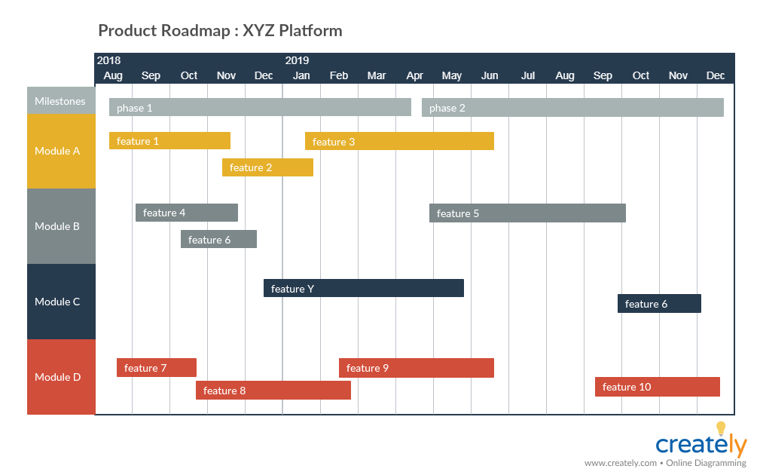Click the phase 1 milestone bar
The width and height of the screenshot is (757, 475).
[260, 108]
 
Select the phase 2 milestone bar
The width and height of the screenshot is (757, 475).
[572, 108]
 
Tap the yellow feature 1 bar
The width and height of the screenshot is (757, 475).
[169, 141]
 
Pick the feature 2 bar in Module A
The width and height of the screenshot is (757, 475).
[267, 167]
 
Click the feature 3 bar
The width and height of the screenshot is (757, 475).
[399, 141]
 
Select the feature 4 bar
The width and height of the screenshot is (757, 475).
[187, 213]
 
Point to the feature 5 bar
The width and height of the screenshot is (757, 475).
[527, 213]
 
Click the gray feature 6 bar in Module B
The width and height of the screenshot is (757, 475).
[218, 240]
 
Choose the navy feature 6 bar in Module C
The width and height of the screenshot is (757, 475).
[659, 304]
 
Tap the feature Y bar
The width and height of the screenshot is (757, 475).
[363, 288]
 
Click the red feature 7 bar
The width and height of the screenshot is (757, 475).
[157, 368]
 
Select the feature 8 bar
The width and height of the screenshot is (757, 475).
[273, 391]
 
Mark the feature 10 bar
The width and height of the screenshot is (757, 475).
[657, 387]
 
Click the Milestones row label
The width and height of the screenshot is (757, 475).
[60, 101]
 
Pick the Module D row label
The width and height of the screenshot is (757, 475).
[58, 377]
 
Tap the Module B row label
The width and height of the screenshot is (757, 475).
[57, 226]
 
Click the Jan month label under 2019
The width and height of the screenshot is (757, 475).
[301, 75]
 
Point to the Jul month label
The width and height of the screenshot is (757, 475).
[528, 75]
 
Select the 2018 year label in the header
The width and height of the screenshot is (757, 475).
[108, 60]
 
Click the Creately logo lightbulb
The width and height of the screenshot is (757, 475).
[720, 429]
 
